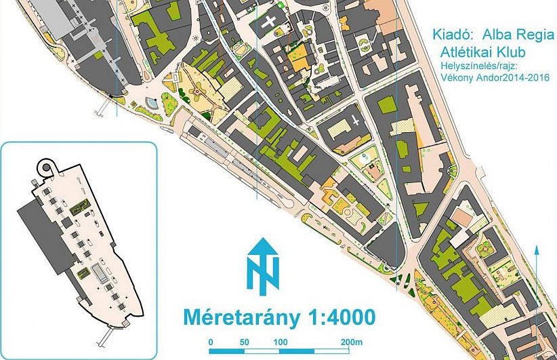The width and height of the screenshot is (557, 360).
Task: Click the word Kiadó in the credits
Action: click(x=451, y=33)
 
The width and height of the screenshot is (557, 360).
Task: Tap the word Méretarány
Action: click(x=233, y=316)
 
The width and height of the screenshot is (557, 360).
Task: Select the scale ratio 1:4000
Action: click(x=333, y=316)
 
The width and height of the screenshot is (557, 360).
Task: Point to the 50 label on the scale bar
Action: click(x=245, y=341)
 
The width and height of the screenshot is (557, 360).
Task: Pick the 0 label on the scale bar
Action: click(x=211, y=341)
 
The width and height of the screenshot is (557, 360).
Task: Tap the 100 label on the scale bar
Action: click(x=281, y=341)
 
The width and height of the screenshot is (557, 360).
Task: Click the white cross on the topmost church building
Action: click(x=272, y=21)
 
